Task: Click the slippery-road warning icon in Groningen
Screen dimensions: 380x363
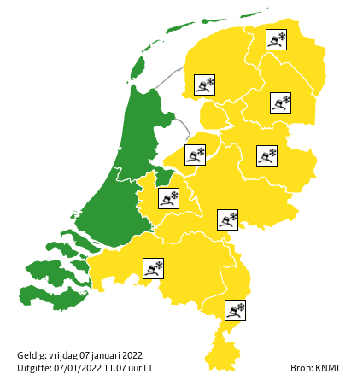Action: click(276, 40)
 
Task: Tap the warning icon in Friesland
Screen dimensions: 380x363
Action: click(204, 85)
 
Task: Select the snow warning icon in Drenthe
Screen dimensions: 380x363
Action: click(280, 103)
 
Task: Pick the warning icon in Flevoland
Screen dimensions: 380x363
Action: click(196, 155)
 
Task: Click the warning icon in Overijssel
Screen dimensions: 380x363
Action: click(267, 155)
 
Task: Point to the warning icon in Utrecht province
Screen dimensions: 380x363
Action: click(168, 198)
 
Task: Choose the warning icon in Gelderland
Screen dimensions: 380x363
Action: click(227, 219)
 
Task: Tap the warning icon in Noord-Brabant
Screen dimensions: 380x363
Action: click(154, 268)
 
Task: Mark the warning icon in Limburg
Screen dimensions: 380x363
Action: click(235, 310)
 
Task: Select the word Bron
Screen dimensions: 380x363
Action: click(301, 368)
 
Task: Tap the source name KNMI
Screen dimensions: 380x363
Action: click(326, 368)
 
